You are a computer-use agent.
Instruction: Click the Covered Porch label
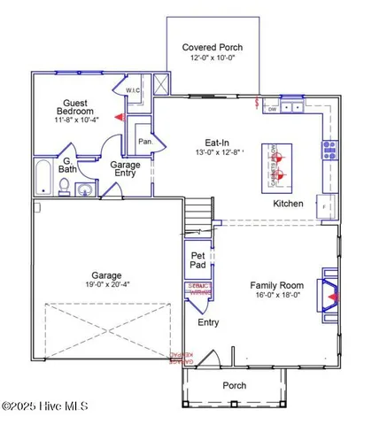pyautogui.click(x=212, y=47)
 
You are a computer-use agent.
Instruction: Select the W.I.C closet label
pyautogui.click(x=134, y=90)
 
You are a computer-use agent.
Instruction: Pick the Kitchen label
pyautogui.click(x=288, y=204)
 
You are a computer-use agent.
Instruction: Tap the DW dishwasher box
pyautogui.click(x=273, y=109)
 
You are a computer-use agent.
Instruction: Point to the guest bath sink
pyautogui.click(x=85, y=189)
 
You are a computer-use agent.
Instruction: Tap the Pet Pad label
pyautogui.click(x=198, y=260)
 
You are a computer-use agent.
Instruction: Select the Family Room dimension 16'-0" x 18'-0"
pyautogui.click(x=276, y=296)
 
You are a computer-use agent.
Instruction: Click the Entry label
pyautogui.click(x=208, y=322)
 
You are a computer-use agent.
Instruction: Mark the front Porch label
pyautogui.click(x=235, y=385)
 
